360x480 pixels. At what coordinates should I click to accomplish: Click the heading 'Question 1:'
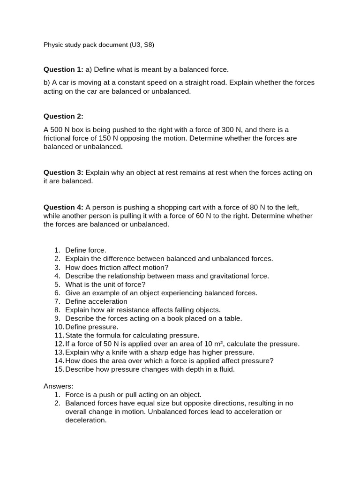63,70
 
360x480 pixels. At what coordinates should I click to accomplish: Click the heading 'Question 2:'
63,116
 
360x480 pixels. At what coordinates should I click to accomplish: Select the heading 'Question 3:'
63,172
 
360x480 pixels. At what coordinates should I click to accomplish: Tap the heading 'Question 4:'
63,207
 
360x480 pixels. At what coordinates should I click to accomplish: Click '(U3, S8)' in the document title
142,45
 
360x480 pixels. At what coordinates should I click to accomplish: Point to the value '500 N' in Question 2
60,130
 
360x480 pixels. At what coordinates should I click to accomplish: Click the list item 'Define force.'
86,250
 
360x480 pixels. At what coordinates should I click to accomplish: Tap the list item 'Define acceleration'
96,301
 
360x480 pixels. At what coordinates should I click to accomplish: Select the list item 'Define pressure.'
92,327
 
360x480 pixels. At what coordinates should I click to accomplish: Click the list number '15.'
59,369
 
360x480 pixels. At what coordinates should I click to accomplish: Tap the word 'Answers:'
59,386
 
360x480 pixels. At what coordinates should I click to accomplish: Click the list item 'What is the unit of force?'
105,285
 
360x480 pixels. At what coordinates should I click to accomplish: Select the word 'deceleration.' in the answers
86,420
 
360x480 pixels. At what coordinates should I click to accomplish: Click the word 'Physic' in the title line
53,45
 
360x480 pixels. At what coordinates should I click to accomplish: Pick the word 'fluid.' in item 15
225,369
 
